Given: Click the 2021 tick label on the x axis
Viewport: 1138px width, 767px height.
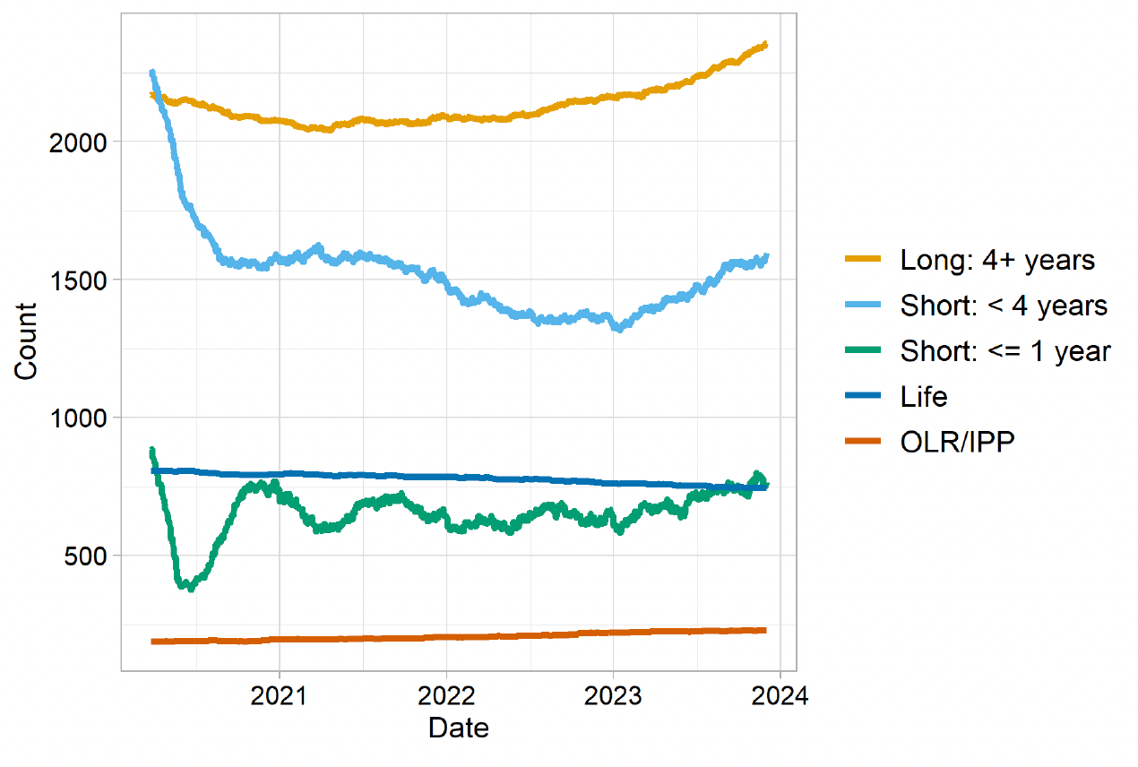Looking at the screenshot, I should (x=279, y=695).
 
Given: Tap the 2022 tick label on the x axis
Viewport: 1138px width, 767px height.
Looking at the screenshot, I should (x=446, y=695).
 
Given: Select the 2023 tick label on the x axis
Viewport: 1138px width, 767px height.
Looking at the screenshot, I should (x=613, y=695).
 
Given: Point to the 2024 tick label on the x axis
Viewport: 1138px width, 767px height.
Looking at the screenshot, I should (x=780, y=695).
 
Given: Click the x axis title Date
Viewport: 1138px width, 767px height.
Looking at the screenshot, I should (x=459, y=728).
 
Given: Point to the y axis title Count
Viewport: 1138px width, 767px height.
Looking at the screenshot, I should (x=26, y=341).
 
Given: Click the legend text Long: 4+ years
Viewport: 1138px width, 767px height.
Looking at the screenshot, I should (x=997, y=260).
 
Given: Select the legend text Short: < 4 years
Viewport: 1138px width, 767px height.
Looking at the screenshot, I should (x=1004, y=306).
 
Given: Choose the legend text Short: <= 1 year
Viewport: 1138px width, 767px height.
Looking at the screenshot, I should (x=1005, y=351).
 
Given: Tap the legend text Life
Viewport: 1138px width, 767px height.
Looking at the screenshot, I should (x=924, y=397).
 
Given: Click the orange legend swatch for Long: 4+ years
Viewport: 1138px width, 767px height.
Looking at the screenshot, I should (x=866, y=260).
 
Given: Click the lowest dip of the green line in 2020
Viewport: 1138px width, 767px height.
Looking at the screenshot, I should (x=189, y=588).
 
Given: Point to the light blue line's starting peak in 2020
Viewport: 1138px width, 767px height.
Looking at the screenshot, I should (x=152, y=72).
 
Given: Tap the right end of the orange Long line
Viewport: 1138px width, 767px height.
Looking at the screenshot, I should (x=765, y=43).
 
